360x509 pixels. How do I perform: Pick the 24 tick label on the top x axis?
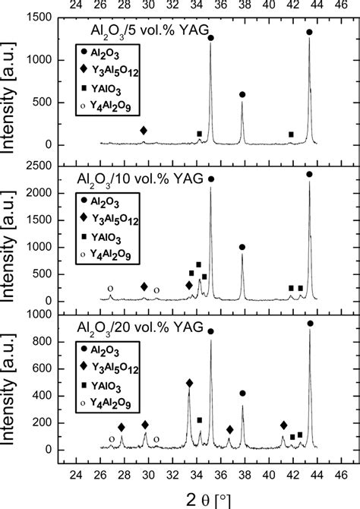[x=75, y=7]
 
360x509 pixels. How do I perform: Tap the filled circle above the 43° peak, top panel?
[x=308, y=32]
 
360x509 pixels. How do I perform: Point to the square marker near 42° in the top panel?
[x=292, y=135]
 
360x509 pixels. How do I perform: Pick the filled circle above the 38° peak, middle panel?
[x=242, y=247]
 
